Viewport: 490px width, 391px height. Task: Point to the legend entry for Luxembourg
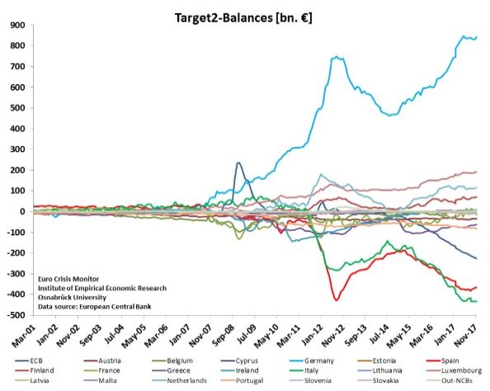tap(444, 372)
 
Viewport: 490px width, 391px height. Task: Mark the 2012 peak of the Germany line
tap(336, 57)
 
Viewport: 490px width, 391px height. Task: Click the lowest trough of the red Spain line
tap(336, 299)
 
